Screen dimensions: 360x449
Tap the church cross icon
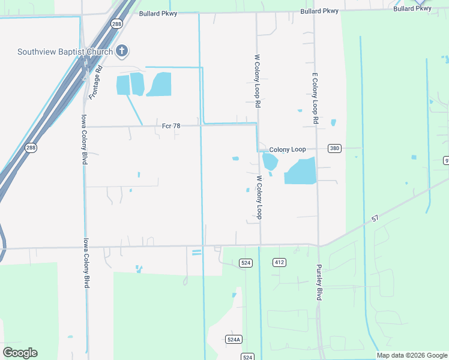click(122, 51)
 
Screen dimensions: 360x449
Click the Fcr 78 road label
click(171, 125)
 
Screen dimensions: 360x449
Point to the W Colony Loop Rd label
click(258, 80)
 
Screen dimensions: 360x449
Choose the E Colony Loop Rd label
click(315, 98)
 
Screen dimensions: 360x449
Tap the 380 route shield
click(334, 149)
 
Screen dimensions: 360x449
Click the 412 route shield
click(279, 263)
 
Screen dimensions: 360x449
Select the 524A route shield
click(234, 339)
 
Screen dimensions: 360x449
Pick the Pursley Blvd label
click(319, 284)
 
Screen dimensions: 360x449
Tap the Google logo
click(20, 353)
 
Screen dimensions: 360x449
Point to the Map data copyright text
click(412, 355)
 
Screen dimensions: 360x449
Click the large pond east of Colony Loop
click(300, 172)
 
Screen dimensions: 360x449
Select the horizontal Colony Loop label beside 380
click(288, 149)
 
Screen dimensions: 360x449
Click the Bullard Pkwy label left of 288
click(158, 13)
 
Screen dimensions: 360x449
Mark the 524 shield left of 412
click(245, 263)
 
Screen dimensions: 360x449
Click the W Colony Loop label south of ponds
click(260, 197)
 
